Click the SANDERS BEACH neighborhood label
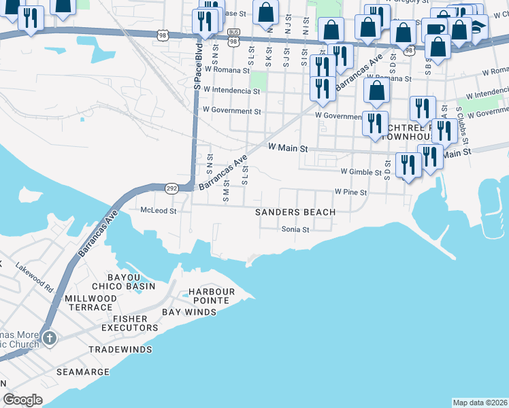(x=295, y=212)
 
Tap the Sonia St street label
(x=296, y=230)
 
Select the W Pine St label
(x=350, y=193)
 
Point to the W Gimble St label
(x=361, y=173)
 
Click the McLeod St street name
(x=159, y=211)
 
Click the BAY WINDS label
(x=189, y=312)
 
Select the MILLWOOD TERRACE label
(x=91, y=303)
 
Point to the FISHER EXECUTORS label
(x=135, y=323)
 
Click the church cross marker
(x=48, y=338)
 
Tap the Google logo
(x=22, y=400)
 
